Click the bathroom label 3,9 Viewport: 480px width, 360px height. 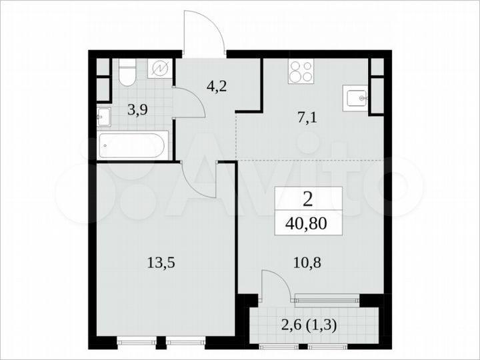138,110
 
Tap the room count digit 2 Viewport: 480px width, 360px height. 309,199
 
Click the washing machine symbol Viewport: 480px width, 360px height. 160,69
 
